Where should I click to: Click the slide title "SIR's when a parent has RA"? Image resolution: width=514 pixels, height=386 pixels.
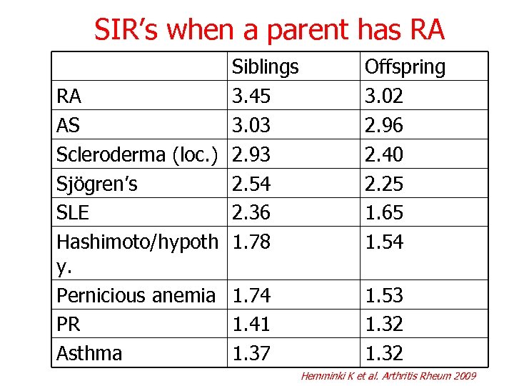tap(270, 29)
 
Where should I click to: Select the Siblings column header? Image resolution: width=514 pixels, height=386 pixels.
tap(265, 67)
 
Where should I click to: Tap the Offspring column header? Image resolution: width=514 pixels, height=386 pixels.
tap(405, 67)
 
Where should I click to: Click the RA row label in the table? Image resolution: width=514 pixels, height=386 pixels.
tap(69, 96)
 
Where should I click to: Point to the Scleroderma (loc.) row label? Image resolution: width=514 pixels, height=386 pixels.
tap(136, 154)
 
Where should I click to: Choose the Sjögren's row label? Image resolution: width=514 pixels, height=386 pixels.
tap(97, 184)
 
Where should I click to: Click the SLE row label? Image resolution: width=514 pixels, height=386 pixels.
tap(74, 213)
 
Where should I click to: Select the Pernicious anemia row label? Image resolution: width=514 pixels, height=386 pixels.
tap(136, 295)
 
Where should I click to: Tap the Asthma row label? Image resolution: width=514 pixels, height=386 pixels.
tap(89, 353)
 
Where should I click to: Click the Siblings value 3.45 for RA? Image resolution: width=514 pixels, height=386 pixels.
tap(252, 96)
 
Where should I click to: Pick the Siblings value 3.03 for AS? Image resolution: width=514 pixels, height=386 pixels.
tap(252, 126)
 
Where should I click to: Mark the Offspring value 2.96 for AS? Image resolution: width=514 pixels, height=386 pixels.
tap(384, 126)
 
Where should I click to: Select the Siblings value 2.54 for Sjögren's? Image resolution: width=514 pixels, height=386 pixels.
tap(252, 184)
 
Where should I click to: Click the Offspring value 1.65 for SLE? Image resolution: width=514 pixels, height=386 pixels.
tap(384, 213)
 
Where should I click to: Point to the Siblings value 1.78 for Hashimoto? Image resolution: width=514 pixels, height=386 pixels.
tap(252, 242)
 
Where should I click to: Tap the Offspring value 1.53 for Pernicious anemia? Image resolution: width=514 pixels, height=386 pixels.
tap(384, 295)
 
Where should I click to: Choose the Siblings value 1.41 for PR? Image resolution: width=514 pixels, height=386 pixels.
tap(252, 325)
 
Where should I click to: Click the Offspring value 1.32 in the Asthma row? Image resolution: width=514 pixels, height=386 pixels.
tap(384, 353)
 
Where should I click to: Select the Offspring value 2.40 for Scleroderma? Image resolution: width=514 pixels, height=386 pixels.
tap(384, 154)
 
